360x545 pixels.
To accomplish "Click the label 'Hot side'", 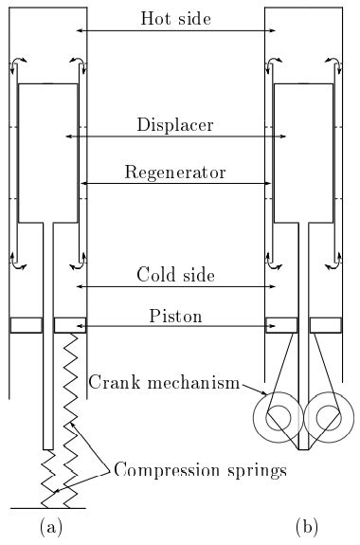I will coord(175,18).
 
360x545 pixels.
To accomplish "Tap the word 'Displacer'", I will coord(175,125).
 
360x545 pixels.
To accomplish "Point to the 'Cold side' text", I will coord(175,275).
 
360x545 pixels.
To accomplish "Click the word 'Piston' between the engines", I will coord(175,314).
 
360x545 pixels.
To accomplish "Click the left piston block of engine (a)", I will coord(26,324).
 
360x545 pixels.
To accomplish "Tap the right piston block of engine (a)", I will coord(70,324).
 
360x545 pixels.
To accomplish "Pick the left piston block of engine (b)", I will coord(281,324).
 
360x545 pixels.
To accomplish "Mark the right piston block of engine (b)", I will coord(325,324).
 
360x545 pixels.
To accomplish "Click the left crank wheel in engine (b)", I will coord(274,415).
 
